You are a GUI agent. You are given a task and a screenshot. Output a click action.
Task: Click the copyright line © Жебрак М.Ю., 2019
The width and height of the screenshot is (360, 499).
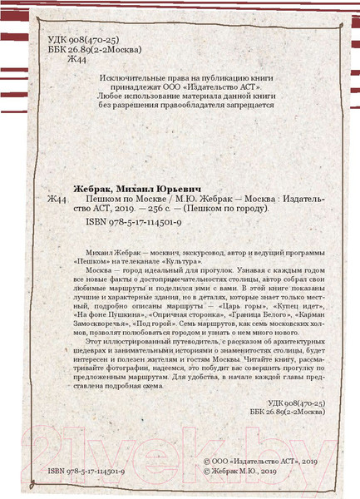click(249, 472)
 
